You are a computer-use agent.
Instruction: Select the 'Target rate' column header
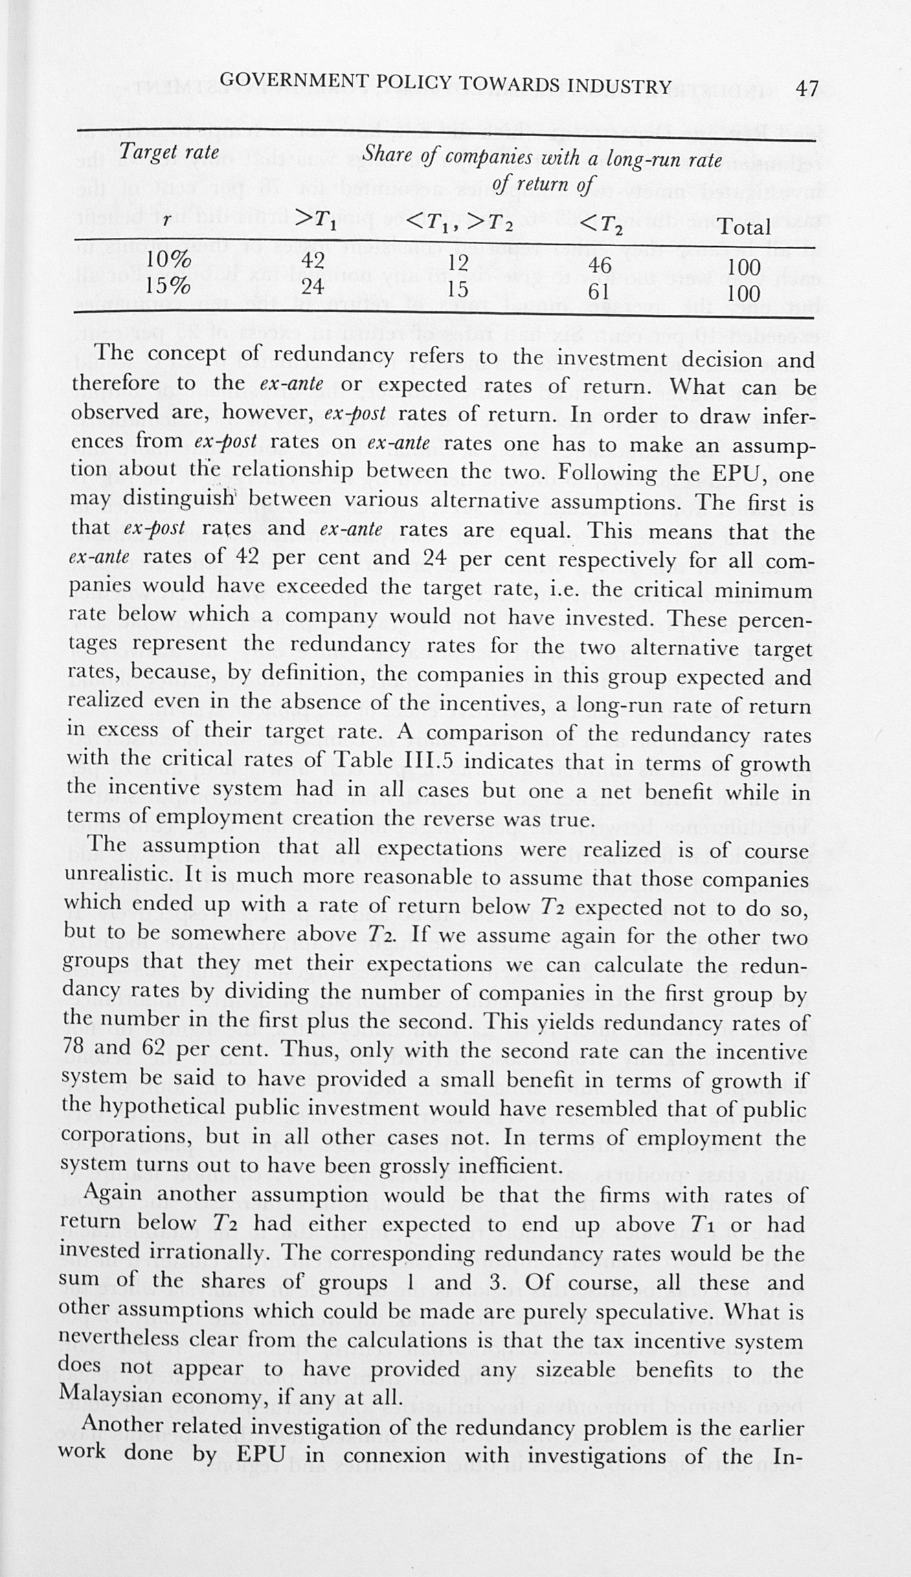[x=169, y=151]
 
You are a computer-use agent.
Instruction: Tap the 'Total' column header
[x=744, y=227]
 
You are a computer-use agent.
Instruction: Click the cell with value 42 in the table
[x=313, y=261]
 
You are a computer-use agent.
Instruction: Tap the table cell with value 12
[x=458, y=263]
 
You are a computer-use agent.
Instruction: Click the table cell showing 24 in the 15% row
[x=313, y=286]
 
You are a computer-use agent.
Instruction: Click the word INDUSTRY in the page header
[x=619, y=86]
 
